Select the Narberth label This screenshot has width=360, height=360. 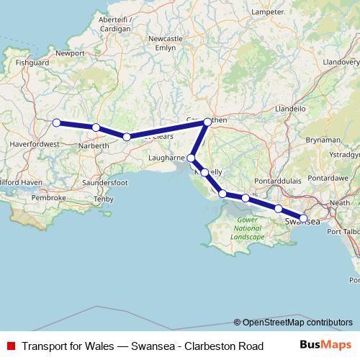pyautogui.click(x=94, y=145)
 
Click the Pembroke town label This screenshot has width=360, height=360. pyautogui.click(x=48, y=197)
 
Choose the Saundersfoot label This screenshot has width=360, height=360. pyautogui.click(x=105, y=183)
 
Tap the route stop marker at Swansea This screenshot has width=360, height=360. pyautogui.click(x=303, y=217)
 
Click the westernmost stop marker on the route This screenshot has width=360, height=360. pyautogui.click(x=56, y=122)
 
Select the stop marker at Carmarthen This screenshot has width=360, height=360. pyautogui.click(x=207, y=122)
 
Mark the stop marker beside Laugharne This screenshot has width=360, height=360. pyautogui.click(x=192, y=158)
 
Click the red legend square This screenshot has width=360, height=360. pyautogui.click(x=10, y=346)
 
